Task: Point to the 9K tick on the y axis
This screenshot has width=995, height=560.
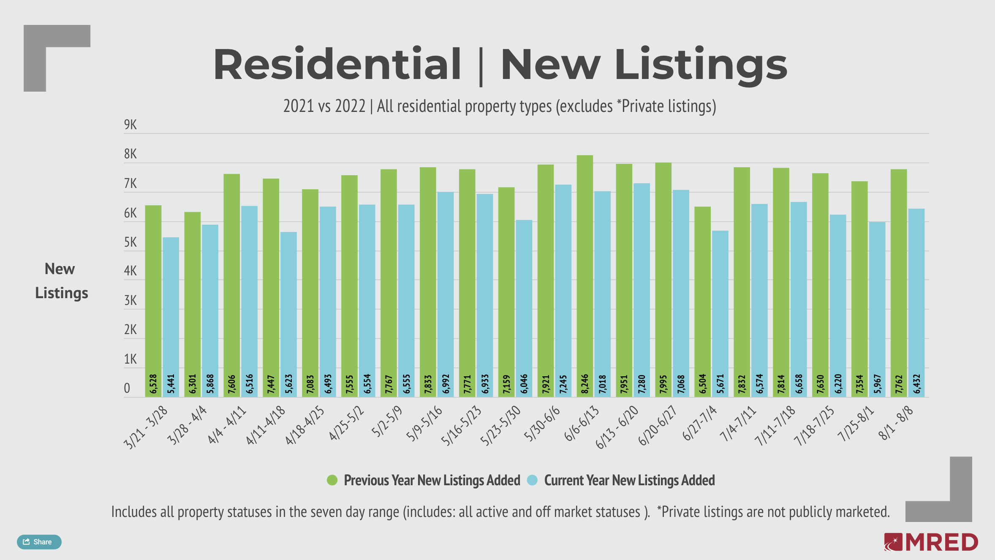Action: point(130,125)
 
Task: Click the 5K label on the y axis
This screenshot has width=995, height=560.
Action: point(130,242)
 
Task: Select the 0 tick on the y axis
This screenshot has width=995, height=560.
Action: point(127,388)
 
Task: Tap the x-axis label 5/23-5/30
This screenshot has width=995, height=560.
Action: point(501,425)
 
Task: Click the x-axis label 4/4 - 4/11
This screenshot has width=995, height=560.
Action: point(227,424)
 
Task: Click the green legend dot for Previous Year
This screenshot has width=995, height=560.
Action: point(332,480)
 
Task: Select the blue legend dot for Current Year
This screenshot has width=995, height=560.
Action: point(532,480)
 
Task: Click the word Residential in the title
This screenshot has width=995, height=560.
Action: point(337,65)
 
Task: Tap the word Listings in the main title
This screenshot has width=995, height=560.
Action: point(701,65)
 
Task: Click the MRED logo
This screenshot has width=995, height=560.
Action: point(931,542)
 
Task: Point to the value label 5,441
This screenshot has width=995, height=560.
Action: point(171,383)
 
